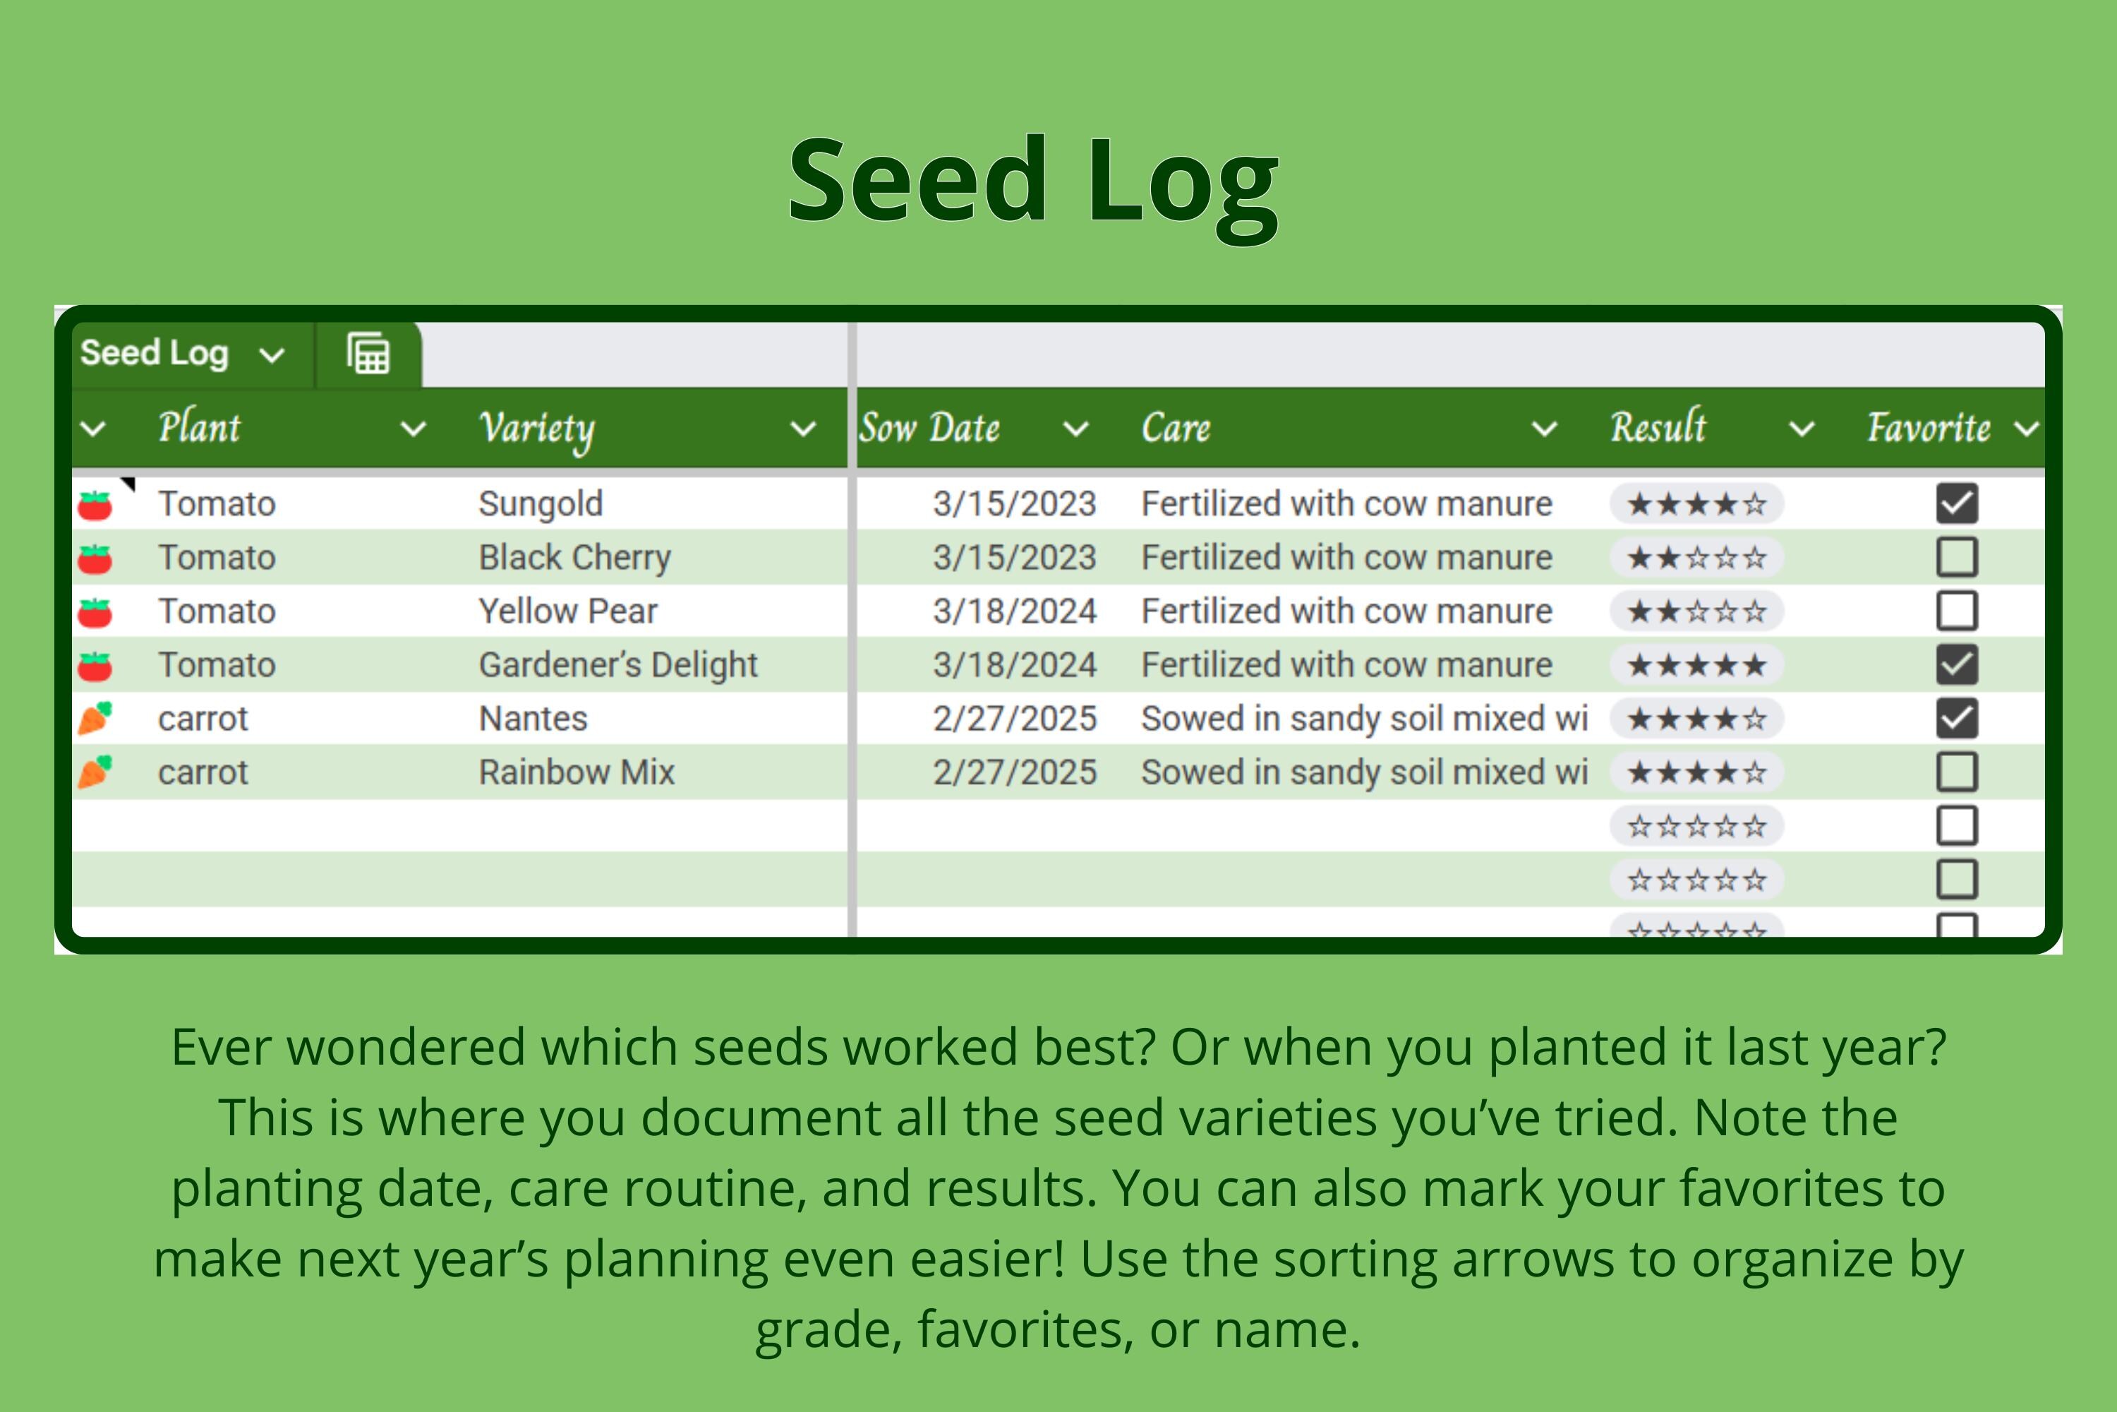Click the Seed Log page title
(1033, 183)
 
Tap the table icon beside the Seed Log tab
(368, 353)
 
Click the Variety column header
(536, 428)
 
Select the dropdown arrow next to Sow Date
(1075, 429)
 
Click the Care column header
(1176, 428)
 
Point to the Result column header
(1658, 427)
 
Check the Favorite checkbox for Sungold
(1957, 503)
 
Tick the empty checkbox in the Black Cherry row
(1957, 558)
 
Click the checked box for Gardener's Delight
(1957, 664)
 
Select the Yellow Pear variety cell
(568, 611)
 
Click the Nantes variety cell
(533, 719)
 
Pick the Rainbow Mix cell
(576, 772)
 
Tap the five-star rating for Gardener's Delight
(1696, 666)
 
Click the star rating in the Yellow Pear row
(1696, 611)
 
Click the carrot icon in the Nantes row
(95, 719)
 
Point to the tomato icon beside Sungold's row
(95, 505)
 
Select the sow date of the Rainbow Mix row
(1015, 772)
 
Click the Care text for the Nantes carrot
(1363, 719)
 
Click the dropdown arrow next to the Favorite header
(2027, 429)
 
